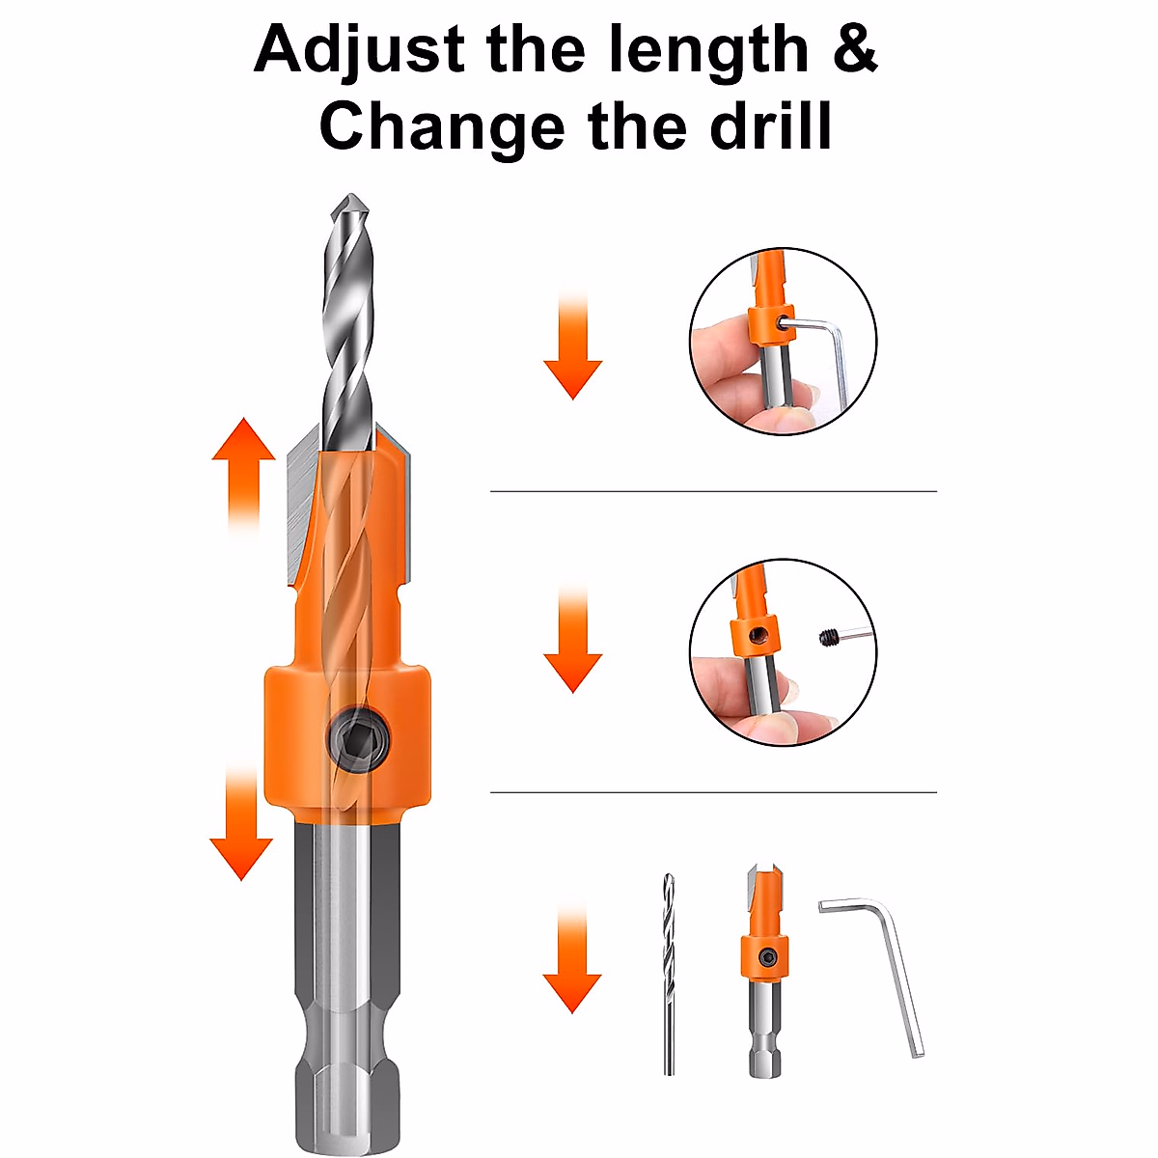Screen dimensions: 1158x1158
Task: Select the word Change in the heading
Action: (x=442, y=127)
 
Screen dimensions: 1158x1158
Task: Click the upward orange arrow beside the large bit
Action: (x=244, y=473)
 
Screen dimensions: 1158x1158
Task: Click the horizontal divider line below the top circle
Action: (x=713, y=491)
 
